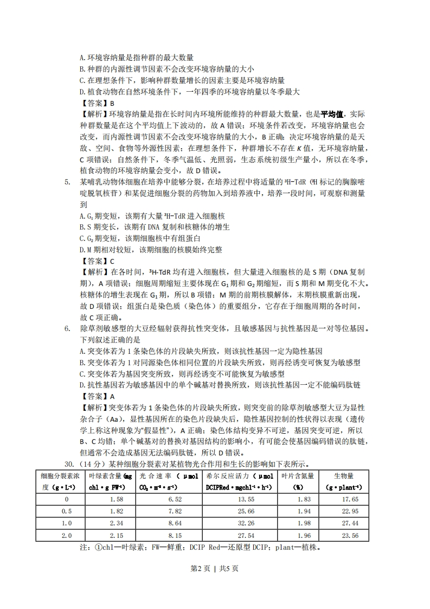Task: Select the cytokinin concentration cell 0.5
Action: click(67, 511)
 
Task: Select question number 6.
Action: click(67, 329)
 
